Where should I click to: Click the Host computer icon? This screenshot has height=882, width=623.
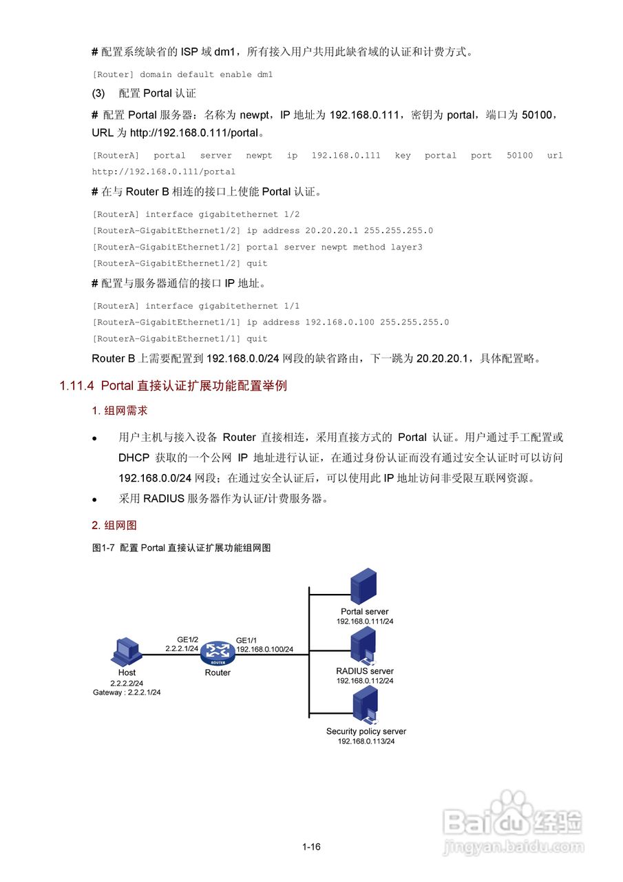click(x=127, y=651)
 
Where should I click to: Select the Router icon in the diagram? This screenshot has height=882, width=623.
click(x=218, y=652)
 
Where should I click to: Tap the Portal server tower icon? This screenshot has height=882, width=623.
click(x=363, y=586)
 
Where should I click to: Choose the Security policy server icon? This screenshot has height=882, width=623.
click(x=365, y=706)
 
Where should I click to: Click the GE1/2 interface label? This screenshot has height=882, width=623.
click(x=187, y=639)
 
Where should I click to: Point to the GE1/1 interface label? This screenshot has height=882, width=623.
click(x=247, y=639)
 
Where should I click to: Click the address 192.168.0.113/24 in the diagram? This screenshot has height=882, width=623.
click(x=366, y=741)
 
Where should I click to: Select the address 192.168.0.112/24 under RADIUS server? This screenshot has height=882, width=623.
click(x=365, y=681)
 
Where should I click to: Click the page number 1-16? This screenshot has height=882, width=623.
click(x=311, y=847)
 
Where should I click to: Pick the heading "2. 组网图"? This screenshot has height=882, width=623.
click(x=114, y=525)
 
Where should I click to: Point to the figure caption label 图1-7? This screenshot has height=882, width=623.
click(x=104, y=548)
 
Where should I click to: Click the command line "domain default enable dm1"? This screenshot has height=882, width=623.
click(x=207, y=74)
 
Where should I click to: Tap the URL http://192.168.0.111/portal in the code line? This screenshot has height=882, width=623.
click(x=164, y=172)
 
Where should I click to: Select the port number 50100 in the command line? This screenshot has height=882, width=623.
click(x=520, y=156)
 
